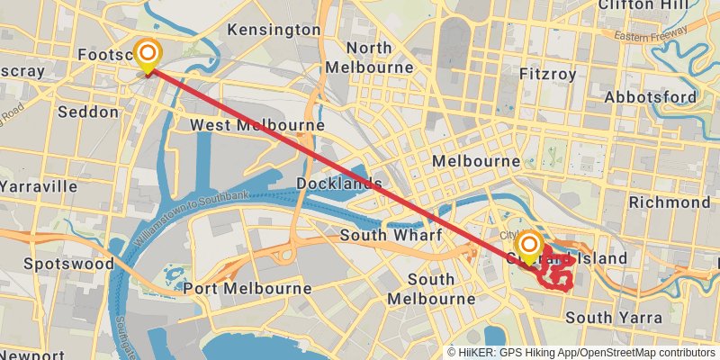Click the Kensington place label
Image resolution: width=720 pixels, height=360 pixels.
point(274,30)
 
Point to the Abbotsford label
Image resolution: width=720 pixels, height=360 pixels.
point(650,96)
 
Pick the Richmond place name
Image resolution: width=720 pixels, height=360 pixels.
point(669,202)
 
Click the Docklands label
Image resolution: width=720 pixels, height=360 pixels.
point(339,184)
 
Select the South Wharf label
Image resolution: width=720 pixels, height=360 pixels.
point(391,235)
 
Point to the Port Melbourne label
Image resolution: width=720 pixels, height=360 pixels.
point(247,289)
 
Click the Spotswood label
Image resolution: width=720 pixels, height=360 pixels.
point(69,264)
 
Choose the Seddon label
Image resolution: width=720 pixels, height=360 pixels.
point(87,112)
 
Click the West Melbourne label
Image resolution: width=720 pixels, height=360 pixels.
point(256,124)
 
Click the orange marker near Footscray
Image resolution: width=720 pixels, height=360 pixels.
point(147,53)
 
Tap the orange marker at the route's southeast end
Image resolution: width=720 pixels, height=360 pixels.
point(529,244)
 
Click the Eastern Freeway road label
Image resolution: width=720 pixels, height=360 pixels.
point(653,36)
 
